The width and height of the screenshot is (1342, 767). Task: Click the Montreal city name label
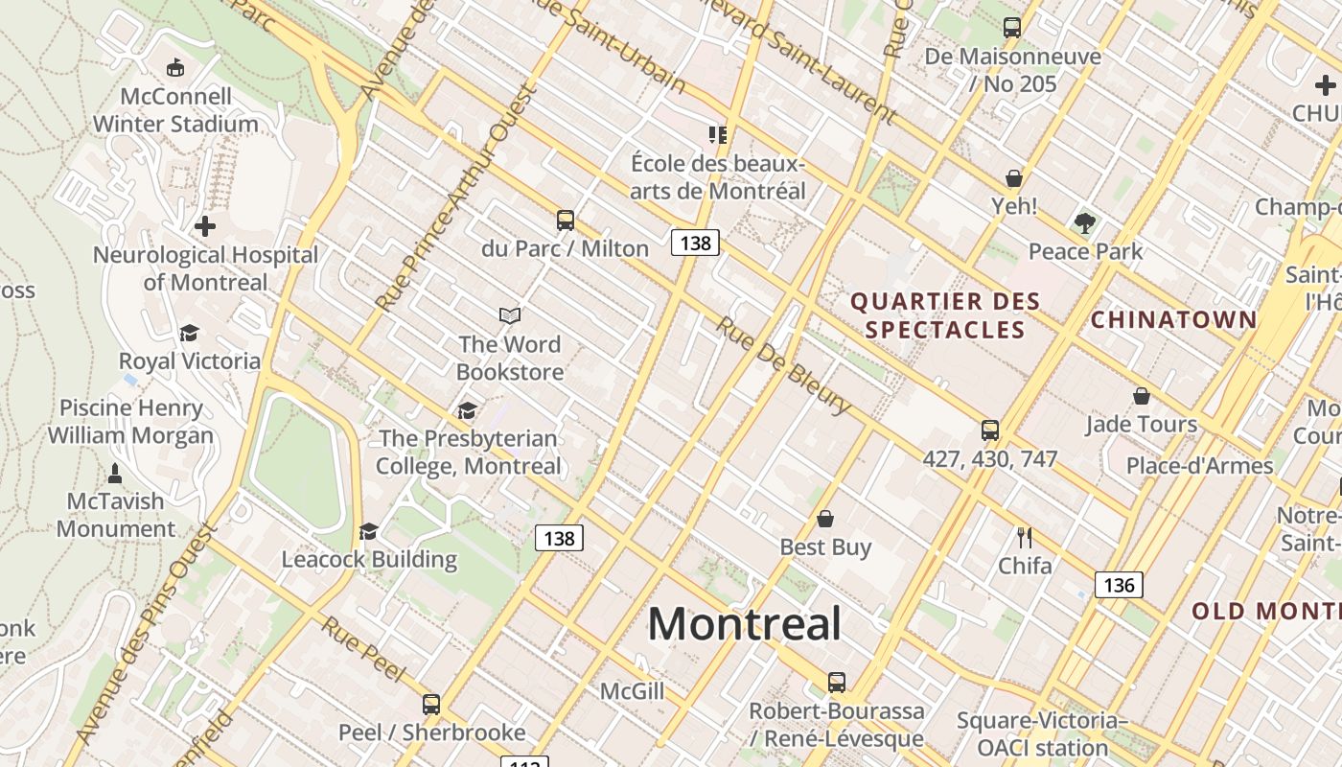pyautogui.click(x=745, y=624)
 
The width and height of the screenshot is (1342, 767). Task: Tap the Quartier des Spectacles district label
pyautogui.click(x=945, y=315)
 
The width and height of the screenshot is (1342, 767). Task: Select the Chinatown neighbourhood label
pyautogui.click(x=1173, y=319)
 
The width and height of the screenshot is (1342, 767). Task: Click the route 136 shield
pyautogui.click(x=1119, y=585)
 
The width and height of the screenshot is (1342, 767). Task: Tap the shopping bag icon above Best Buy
pyautogui.click(x=825, y=519)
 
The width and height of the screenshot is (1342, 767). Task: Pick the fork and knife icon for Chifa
pyautogui.click(x=1025, y=537)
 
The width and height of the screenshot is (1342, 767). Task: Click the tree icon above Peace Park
pyautogui.click(x=1085, y=223)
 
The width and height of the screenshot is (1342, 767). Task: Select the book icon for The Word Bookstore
pyautogui.click(x=510, y=315)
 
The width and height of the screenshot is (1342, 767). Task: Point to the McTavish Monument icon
pyautogui.click(x=115, y=473)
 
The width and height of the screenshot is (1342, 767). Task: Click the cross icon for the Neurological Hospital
pyautogui.click(x=204, y=227)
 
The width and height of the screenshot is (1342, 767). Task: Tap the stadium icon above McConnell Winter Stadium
pyautogui.click(x=175, y=68)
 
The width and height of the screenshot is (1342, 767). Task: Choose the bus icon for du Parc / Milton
pyautogui.click(x=566, y=221)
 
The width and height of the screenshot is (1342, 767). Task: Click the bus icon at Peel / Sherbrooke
pyautogui.click(x=431, y=705)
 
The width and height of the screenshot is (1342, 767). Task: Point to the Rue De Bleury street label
pyautogui.click(x=783, y=365)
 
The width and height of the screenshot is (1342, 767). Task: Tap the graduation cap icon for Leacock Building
pyautogui.click(x=368, y=531)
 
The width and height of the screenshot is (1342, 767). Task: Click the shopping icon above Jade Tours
pyautogui.click(x=1141, y=396)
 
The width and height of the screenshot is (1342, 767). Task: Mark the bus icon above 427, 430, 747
pyautogui.click(x=990, y=430)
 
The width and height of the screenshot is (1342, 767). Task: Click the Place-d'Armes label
pyautogui.click(x=1199, y=466)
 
